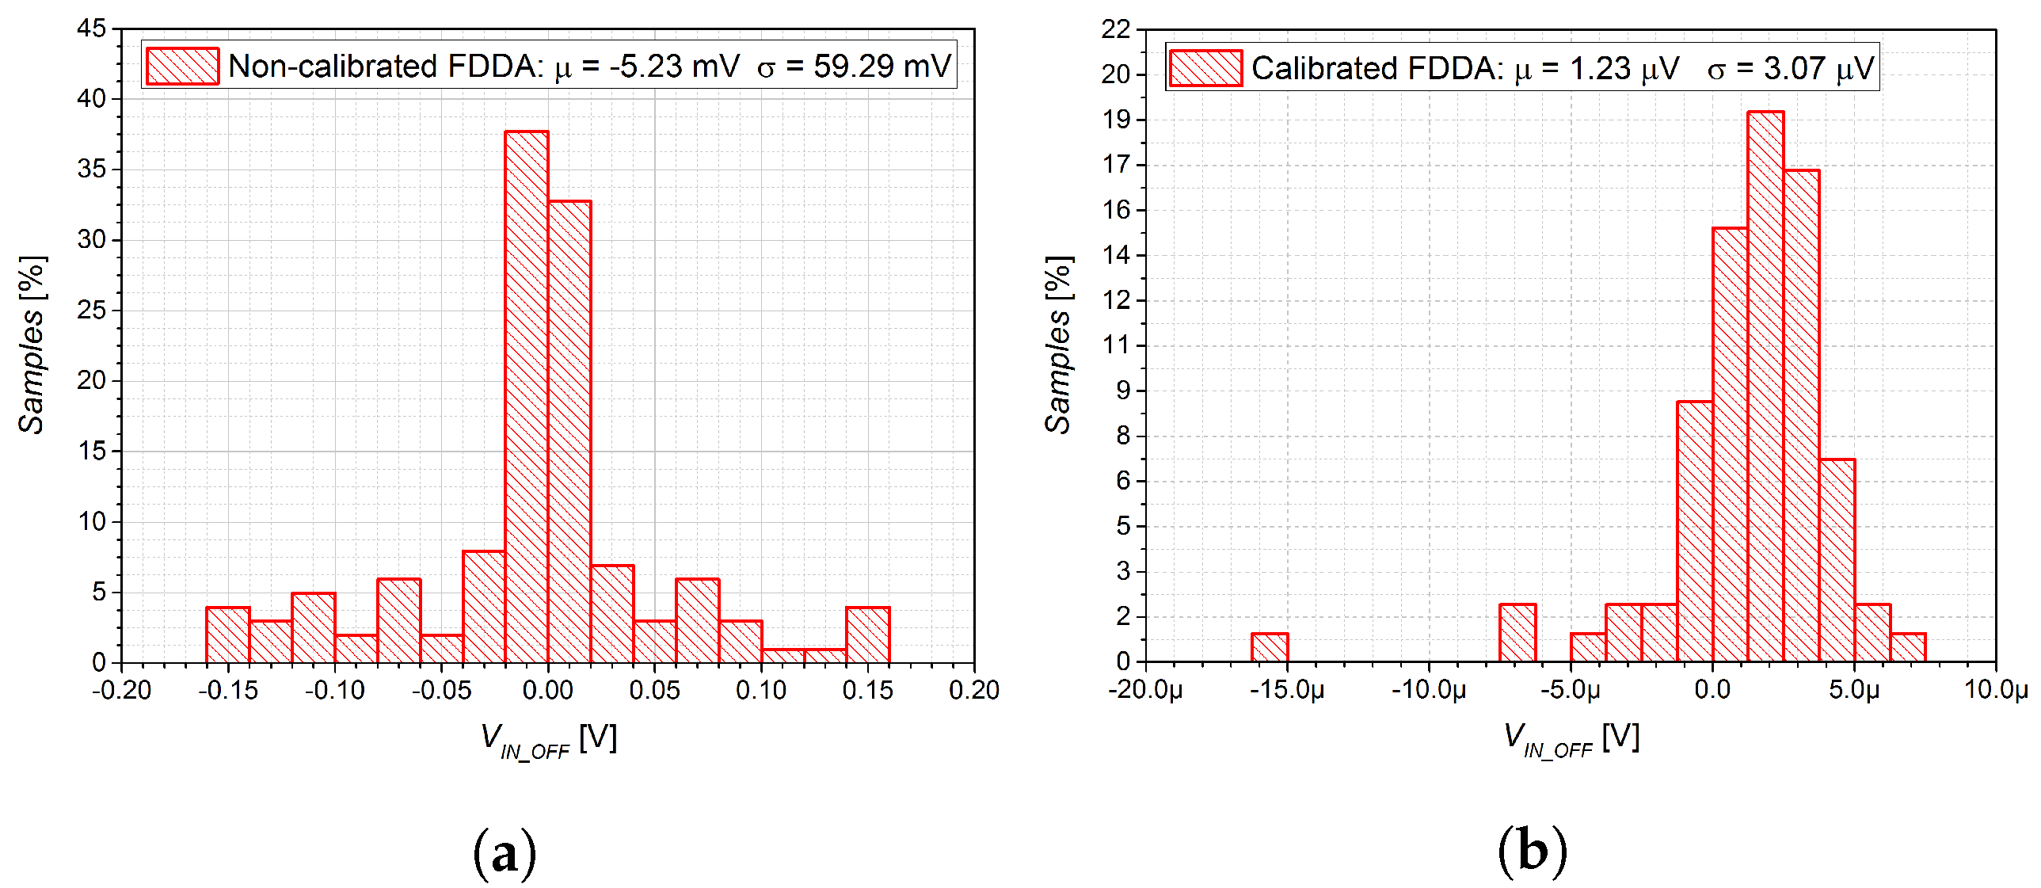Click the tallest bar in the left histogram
(x=526, y=396)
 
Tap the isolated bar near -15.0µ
(x=1270, y=647)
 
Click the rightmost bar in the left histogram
(x=867, y=634)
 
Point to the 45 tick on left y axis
(x=92, y=29)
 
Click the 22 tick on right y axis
(x=1116, y=29)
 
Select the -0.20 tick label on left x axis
(x=121, y=691)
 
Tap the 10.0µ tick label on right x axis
(x=1995, y=690)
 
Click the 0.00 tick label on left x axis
(x=547, y=691)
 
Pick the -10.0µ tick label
(x=1428, y=690)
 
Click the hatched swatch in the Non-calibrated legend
(x=182, y=66)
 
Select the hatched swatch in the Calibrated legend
(x=1205, y=68)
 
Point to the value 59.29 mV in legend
(x=882, y=66)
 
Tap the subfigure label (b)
(x=1532, y=852)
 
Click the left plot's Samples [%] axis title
(x=32, y=345)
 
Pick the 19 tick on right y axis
(x=1116, y=120)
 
